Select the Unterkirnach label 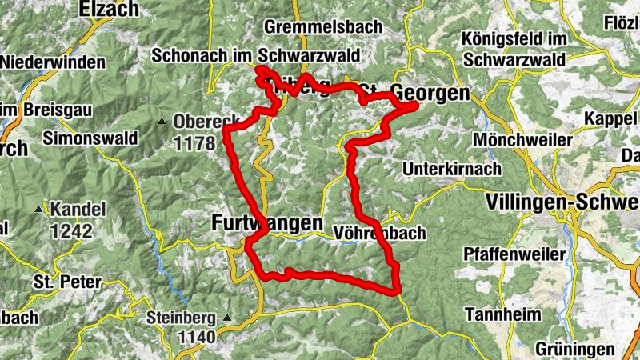tap(452, 169)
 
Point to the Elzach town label tap(109, 10)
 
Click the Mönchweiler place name tap(523, 140)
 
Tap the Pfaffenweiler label tap(515, 254)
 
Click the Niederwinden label tap(54, 62)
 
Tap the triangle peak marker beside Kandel tap(39, 210)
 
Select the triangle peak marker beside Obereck tap(162, 122)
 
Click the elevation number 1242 tap(71, 231)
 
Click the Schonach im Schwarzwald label tap(255, 57)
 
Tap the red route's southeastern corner tap(396, 290)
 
